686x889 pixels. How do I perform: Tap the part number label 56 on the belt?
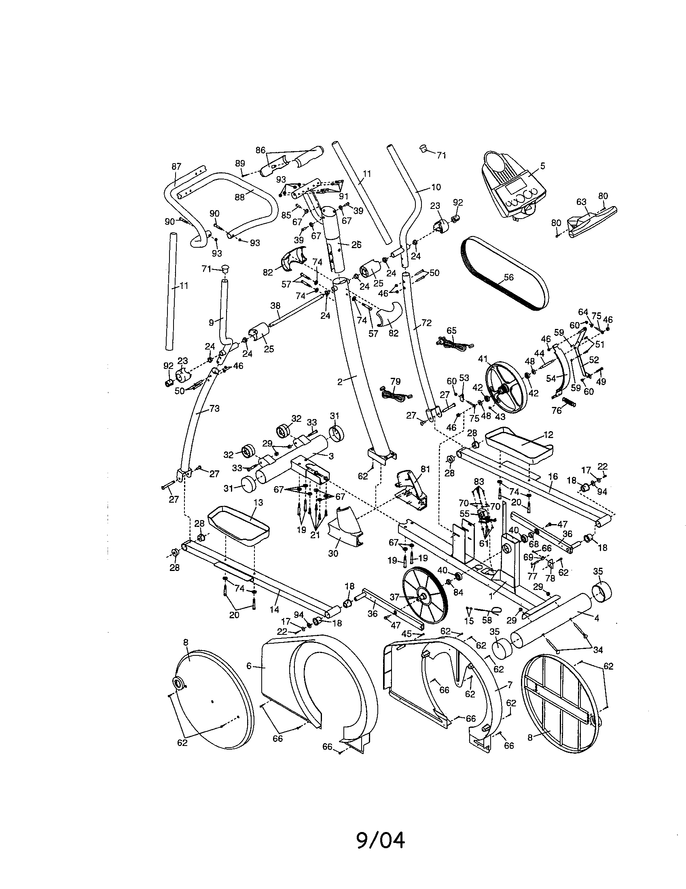click(x=508, y=278)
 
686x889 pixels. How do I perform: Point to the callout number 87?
click(x=176, y=166)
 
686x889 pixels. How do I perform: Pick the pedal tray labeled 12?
click(x=519, y=444)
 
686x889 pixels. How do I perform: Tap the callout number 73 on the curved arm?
click(x=214, y=408)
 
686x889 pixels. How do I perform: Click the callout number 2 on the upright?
click(x=339, y=381)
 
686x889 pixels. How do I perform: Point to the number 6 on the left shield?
click(x=248, y=666)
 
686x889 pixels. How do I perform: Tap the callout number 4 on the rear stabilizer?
click(x=596, y=618)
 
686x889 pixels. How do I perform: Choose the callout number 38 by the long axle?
click(x=275, y=305)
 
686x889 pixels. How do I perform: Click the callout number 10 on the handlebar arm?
click(x=436, y=187)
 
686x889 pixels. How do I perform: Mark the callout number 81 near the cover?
click(x=425, y=469)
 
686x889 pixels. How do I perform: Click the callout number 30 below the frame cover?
click(x=333, y=554)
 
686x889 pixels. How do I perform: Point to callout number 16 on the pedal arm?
click(x=553, y=477)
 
